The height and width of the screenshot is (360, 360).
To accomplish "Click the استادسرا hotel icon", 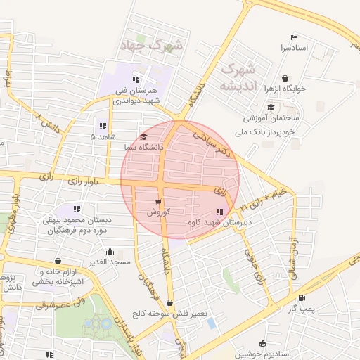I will point(294,37).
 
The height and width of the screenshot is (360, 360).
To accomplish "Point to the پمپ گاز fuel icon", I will point(302,297).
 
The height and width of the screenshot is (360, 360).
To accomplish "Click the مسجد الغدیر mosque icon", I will point(110,251).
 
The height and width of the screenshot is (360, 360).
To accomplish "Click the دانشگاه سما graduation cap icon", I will point(144,137).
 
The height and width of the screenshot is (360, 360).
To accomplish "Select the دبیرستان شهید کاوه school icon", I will point(221,212).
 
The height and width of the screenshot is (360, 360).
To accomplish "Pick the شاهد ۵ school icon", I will point(103,127).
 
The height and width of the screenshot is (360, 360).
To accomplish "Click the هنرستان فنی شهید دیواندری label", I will point(138,96).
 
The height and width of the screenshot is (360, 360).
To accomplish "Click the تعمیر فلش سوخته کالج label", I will point(173,314).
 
